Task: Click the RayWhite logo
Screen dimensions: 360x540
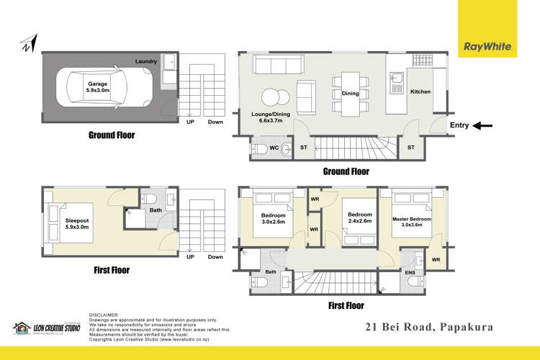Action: [x=488, y=47]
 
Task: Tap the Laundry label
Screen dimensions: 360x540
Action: [x=147, y=62]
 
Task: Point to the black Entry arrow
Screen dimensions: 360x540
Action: [x=482, y=125]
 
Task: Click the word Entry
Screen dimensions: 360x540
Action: [x=459, y=125]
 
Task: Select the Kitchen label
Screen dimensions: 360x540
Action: [x=420, y=93]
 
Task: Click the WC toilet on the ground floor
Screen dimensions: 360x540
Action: [x=258, y=149]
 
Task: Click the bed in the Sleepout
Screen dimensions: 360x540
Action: [x=57, y=220]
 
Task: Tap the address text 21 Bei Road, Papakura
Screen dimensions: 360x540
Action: [x=428, y=326]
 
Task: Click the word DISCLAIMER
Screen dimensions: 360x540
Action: [x=104, y=315]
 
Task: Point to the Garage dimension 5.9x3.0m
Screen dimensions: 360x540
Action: [x=97, y=91]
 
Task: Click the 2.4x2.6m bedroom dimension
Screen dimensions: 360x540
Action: [x=359, y=222]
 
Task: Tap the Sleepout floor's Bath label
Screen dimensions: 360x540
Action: [x=156, y=210]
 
